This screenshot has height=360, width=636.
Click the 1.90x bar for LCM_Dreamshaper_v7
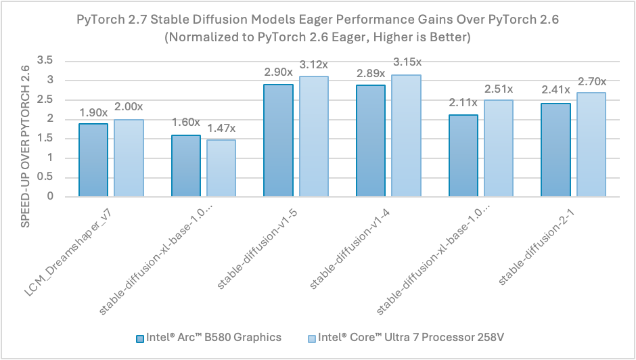(93, 160)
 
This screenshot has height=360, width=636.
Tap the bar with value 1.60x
(185, 166)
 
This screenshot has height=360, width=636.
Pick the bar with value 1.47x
(221, 168)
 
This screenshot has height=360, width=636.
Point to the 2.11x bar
(463, 156)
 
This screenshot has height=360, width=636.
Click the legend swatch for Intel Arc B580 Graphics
(140, 338)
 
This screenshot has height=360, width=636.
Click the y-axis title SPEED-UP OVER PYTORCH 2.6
(26, 129)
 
